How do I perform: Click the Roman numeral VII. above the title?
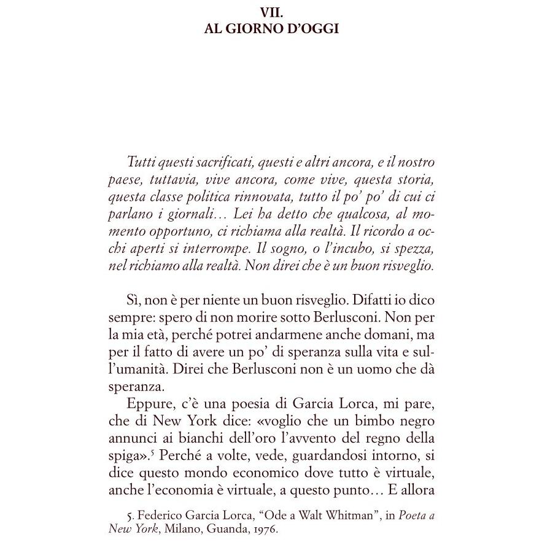[x=270, y=12]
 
